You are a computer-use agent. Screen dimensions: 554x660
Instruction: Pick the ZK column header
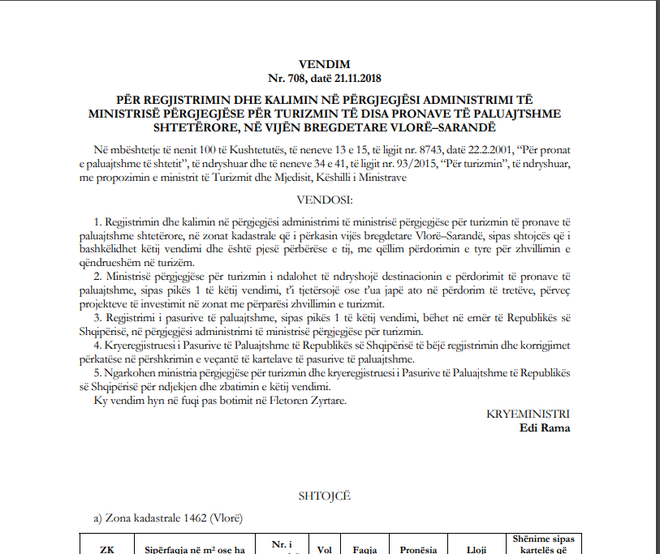[x=106, y=549]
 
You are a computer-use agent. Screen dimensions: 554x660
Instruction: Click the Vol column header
[x=325, y=549]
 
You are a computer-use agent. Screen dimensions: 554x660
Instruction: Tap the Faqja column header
[x=364, y=549]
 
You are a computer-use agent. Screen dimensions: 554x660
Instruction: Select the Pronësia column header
[x=418, y=549]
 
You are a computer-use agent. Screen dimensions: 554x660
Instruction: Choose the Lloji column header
[x=477, y=549]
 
